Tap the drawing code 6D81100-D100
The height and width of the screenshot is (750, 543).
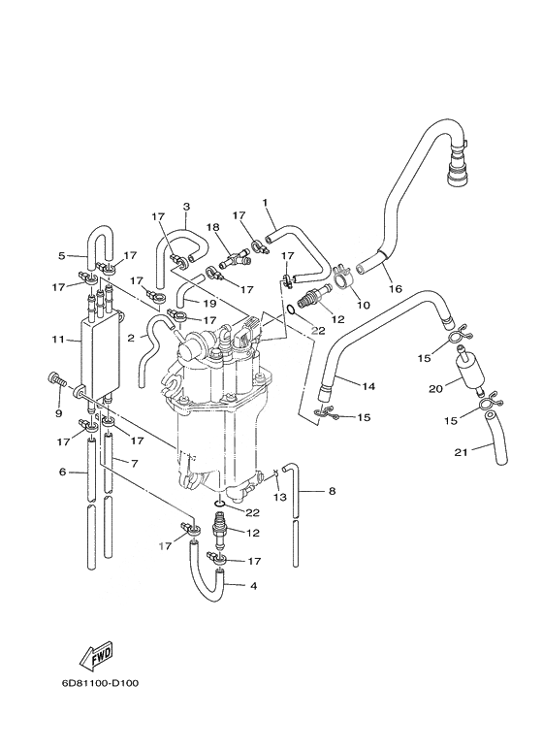(100, 683)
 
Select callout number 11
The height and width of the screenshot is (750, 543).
(58, 340)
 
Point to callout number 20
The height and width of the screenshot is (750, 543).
(435, 389)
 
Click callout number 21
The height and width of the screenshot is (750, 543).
(461, 451)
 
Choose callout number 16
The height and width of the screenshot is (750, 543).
(396, 288)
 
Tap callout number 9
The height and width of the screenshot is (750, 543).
(59, 412)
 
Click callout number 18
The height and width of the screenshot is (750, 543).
(212, 226)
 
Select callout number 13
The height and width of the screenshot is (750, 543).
(280, 497)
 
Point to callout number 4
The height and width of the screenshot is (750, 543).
(253, 585)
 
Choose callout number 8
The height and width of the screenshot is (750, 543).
(332, 490)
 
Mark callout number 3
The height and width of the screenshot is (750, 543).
(186, 207)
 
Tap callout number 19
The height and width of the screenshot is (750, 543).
(209, 304)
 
